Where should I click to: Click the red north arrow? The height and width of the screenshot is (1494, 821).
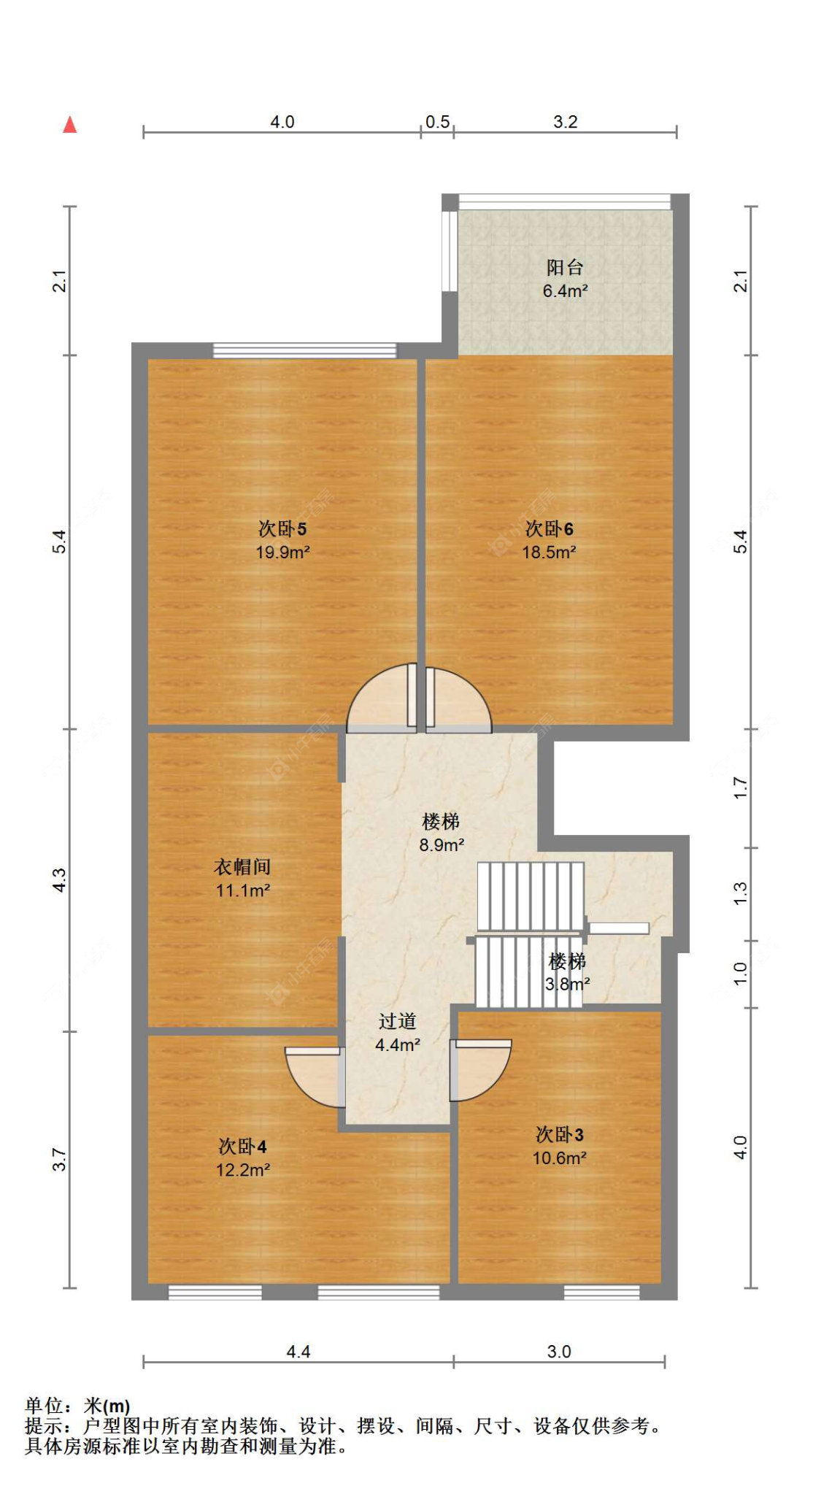point(70,125)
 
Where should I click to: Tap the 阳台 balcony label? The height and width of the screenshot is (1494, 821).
point(565,267)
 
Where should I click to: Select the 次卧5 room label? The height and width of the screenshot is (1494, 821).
point(282,528)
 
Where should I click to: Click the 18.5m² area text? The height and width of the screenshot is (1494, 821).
point(549,552)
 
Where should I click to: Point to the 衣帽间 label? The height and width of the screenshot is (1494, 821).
point(242,866)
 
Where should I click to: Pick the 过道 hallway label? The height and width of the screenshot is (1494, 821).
point(397,1021)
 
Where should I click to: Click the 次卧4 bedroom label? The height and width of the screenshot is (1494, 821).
point(242,1147)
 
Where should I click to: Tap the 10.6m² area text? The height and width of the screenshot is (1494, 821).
point(560,1158)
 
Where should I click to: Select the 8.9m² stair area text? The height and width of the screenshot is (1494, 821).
point(442,845)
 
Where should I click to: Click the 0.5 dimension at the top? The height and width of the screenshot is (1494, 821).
point(437,122)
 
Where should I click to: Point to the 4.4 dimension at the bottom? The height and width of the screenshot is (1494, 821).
point(298,1352)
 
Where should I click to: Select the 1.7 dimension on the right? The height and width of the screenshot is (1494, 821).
point(740,788)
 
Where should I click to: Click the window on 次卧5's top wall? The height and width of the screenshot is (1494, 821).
point(305,351)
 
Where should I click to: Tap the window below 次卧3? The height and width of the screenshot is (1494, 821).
point(602,1293)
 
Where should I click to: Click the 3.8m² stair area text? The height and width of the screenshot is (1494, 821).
point(568,984)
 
